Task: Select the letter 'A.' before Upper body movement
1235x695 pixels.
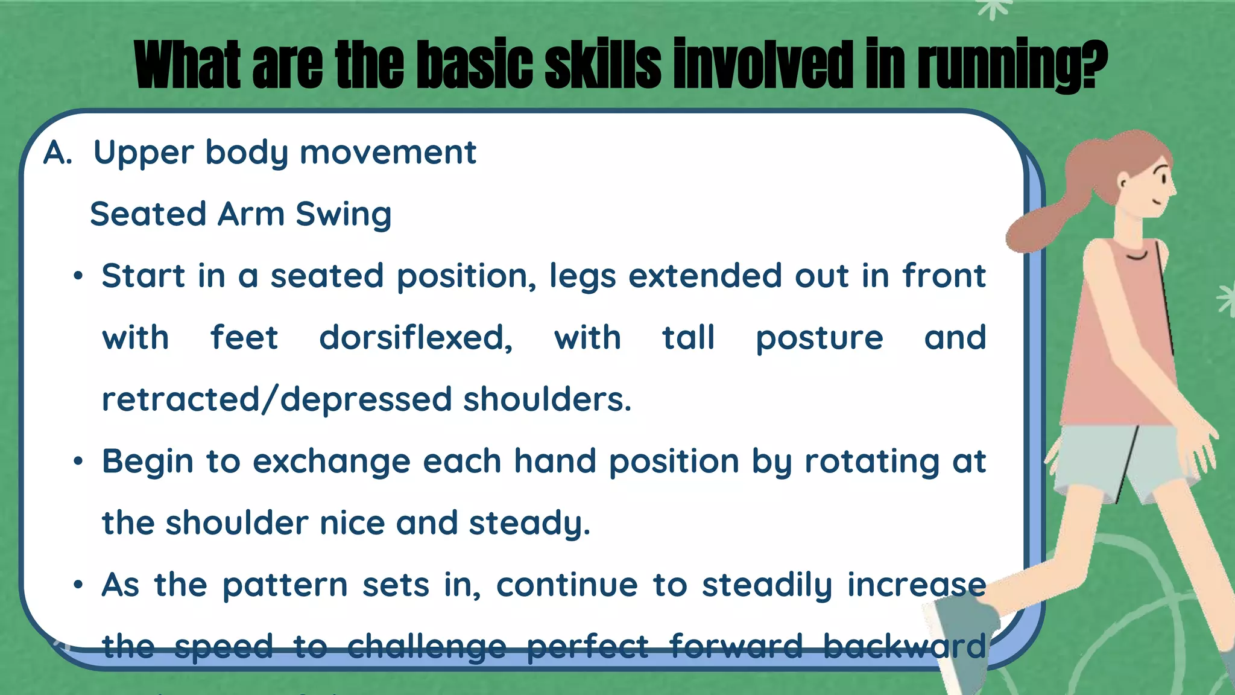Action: coord(58,153)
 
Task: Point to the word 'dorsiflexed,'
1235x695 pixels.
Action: coord(415,337)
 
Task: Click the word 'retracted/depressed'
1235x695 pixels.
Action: coord(277,399)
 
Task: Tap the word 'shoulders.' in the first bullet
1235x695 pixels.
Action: coord(547,399)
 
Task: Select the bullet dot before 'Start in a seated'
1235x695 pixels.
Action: coord(77,277)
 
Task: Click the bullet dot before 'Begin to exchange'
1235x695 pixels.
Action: coord(77,462)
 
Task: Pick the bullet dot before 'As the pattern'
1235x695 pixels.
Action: coord(77,585)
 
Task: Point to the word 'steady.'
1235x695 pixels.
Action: coord(529,523)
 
